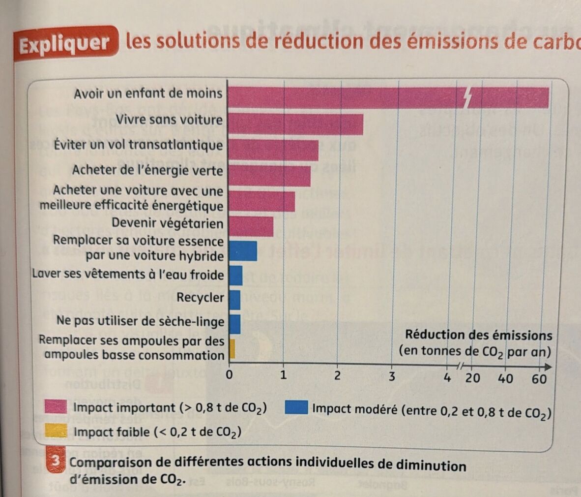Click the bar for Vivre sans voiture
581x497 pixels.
[x=296, y=124]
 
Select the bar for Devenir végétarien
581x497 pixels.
[x=251, y=226]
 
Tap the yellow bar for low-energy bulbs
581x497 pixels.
[x=232, y=349]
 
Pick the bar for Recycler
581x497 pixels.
[x=235, y=300]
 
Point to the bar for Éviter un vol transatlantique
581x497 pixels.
[x=274, y=150]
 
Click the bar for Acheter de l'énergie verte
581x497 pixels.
[x=270, y=176]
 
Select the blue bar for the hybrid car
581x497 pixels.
[x=243, y=250]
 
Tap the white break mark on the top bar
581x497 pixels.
[x=468, y=98]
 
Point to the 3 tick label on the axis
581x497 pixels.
[x=392, y=377]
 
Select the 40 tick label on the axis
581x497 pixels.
[x=506, y=378]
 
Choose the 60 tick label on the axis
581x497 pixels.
[x=539, y=379]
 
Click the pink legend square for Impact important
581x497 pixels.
[x=56, y=407]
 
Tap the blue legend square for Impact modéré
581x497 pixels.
[x=296, y=408]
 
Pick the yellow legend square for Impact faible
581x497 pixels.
[x=56, y=431]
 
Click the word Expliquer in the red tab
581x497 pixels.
[x=64, y=44]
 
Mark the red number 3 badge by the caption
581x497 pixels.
[x=57, y=462]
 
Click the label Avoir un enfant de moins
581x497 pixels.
[x=148, y=93]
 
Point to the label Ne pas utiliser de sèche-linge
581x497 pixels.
[x=140, y=321]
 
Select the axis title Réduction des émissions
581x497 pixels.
[x=478, y=336]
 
